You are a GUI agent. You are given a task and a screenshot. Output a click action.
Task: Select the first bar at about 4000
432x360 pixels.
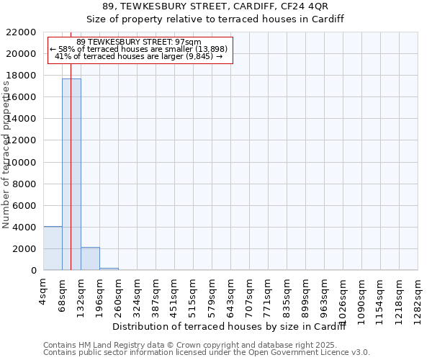[53, 248]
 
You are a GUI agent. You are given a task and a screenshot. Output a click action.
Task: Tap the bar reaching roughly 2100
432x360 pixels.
[90, 258]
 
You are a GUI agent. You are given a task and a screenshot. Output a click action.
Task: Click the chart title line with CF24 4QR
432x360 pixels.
[215, 6]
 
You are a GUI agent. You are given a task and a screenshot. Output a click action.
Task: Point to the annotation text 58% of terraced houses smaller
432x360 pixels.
[141, 50]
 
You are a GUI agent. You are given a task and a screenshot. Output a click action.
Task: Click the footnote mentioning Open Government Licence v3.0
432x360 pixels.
[207, 352]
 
